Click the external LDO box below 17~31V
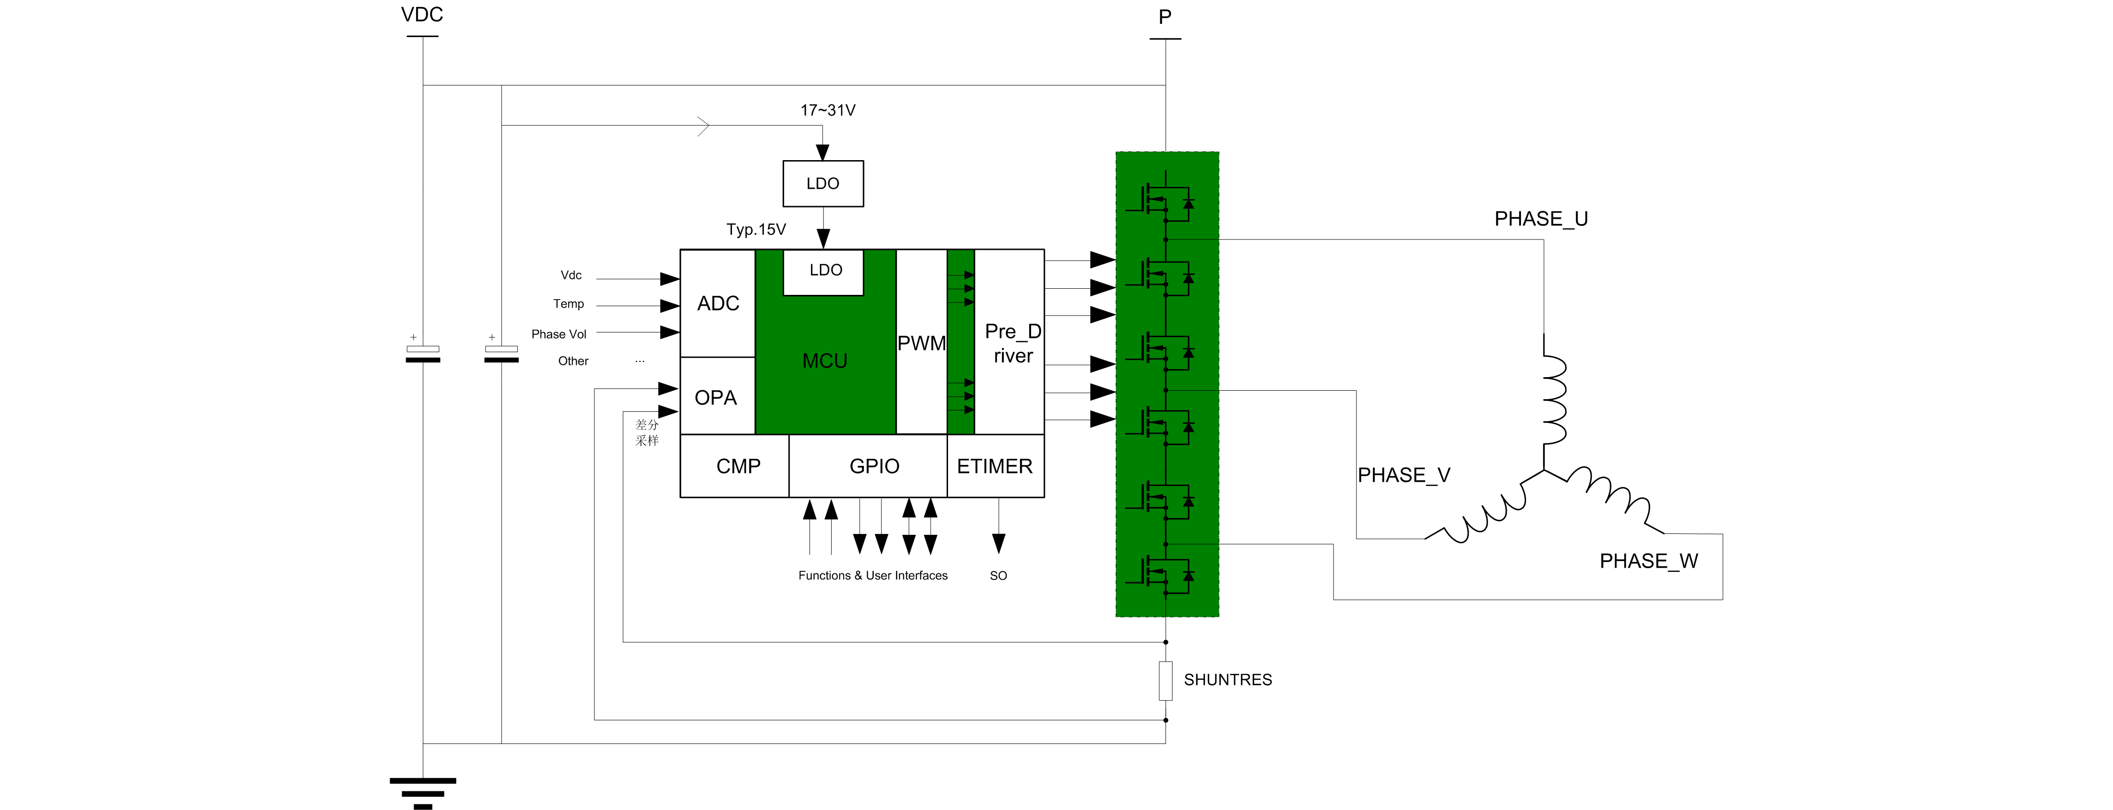(823, 183)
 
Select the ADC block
(718, 304)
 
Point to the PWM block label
(921, 343)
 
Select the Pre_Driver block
(1012, 343)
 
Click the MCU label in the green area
(825, 361)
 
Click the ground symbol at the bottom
(423, 793)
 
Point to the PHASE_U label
(1541, 219)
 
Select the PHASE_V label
(1404, 475)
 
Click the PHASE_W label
(1648, 561)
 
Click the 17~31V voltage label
(828, 110)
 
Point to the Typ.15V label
(756, 230)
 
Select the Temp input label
(569, 304)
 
